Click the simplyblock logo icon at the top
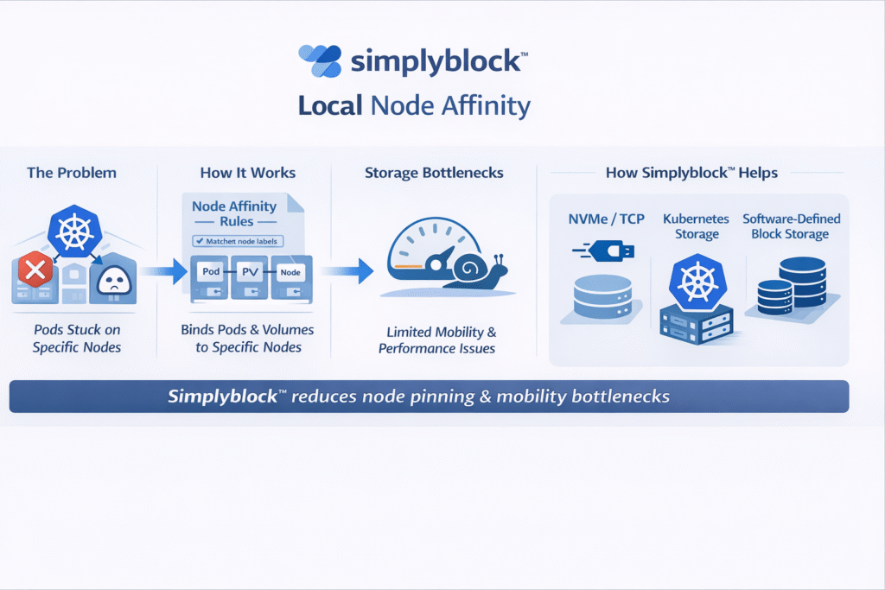319,61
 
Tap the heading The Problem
72,173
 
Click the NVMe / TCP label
605,219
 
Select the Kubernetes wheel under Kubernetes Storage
697,282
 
